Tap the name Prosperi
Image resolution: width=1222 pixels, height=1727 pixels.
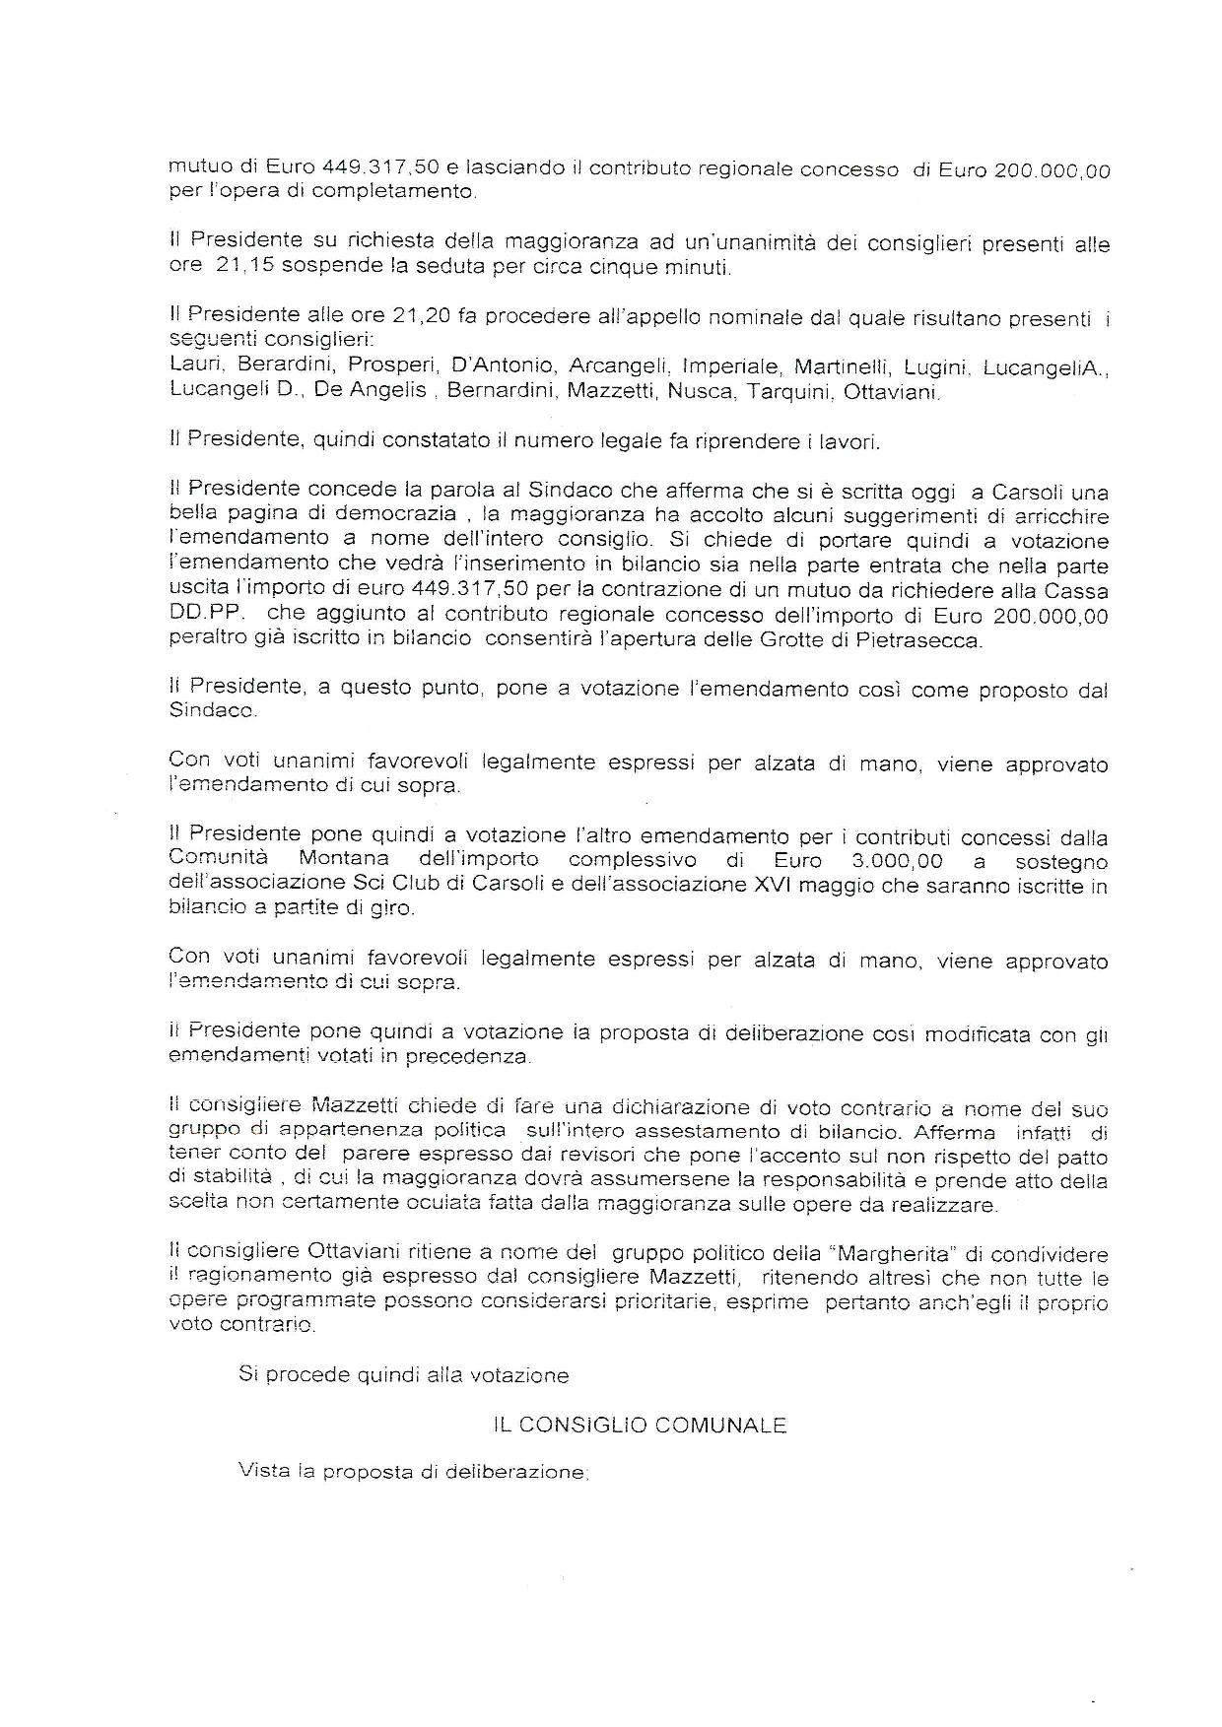pos(386,365)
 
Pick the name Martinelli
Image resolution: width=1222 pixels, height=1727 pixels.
pos(838,365)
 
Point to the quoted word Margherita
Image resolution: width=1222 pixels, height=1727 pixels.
pos(886,1254)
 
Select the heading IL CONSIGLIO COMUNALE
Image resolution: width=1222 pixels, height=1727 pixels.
pos(640,1425)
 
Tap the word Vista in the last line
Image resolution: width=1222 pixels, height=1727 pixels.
pos(261,1472)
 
